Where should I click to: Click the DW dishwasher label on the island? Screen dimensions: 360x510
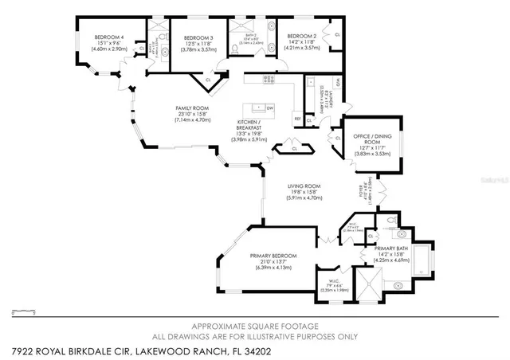[x=270, y=108]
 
